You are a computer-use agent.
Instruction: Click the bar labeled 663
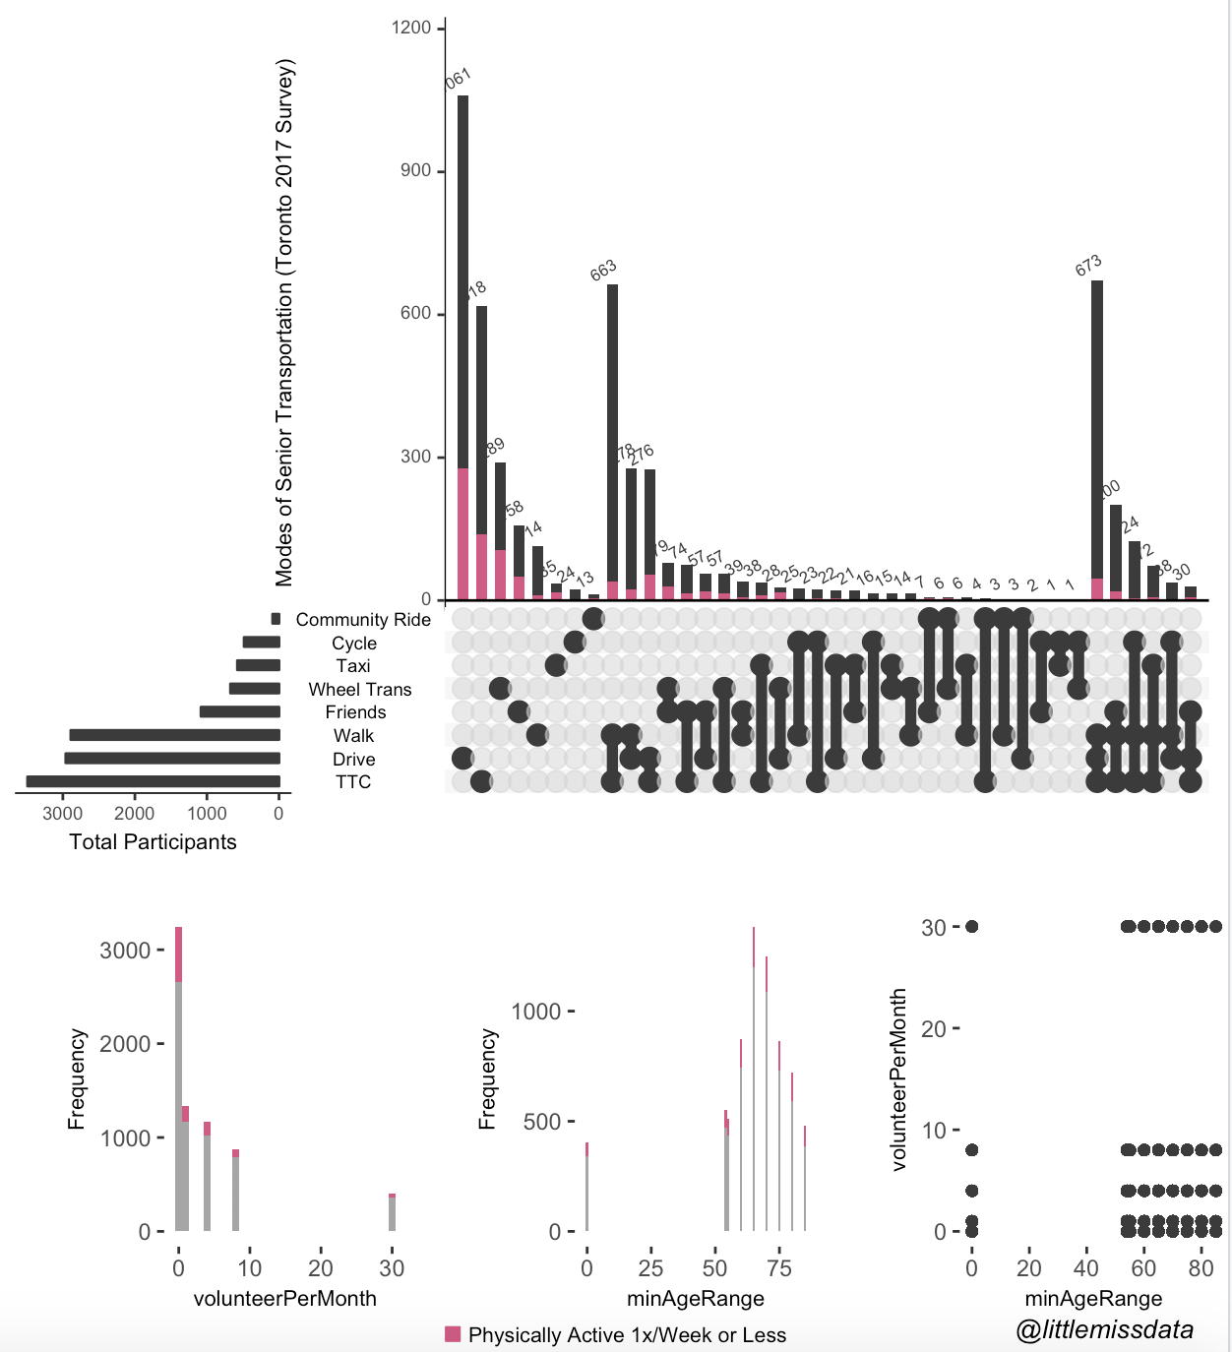pos(612,443)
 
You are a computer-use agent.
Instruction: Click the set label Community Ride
pos(363,620)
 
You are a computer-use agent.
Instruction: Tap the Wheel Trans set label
pos(359,690)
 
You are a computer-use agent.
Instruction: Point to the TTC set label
pos(353,782)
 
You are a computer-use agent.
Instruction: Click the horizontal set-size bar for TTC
pos(154,781)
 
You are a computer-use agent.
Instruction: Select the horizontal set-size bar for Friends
pos(240,711)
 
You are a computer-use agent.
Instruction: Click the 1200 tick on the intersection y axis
pos(411,28)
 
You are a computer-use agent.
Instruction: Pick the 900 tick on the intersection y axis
pos(415,170)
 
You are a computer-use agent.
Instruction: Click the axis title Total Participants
pos(153,842)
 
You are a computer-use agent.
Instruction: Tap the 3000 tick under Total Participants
pos(63,814)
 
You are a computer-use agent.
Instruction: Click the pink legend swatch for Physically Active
pos(453,1334)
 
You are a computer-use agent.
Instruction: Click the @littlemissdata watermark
pos(1104,1330)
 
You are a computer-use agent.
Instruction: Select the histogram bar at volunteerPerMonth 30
pos(392,1212)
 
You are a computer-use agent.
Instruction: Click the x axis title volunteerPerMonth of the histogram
pos(284,1299)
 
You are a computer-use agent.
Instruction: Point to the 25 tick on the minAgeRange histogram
pos(650,1268)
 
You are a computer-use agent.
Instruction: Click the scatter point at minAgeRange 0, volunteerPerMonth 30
pos(972,926)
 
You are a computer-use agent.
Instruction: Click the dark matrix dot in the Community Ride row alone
pos(593,618)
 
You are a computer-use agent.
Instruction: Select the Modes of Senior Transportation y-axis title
pos(284,322)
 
